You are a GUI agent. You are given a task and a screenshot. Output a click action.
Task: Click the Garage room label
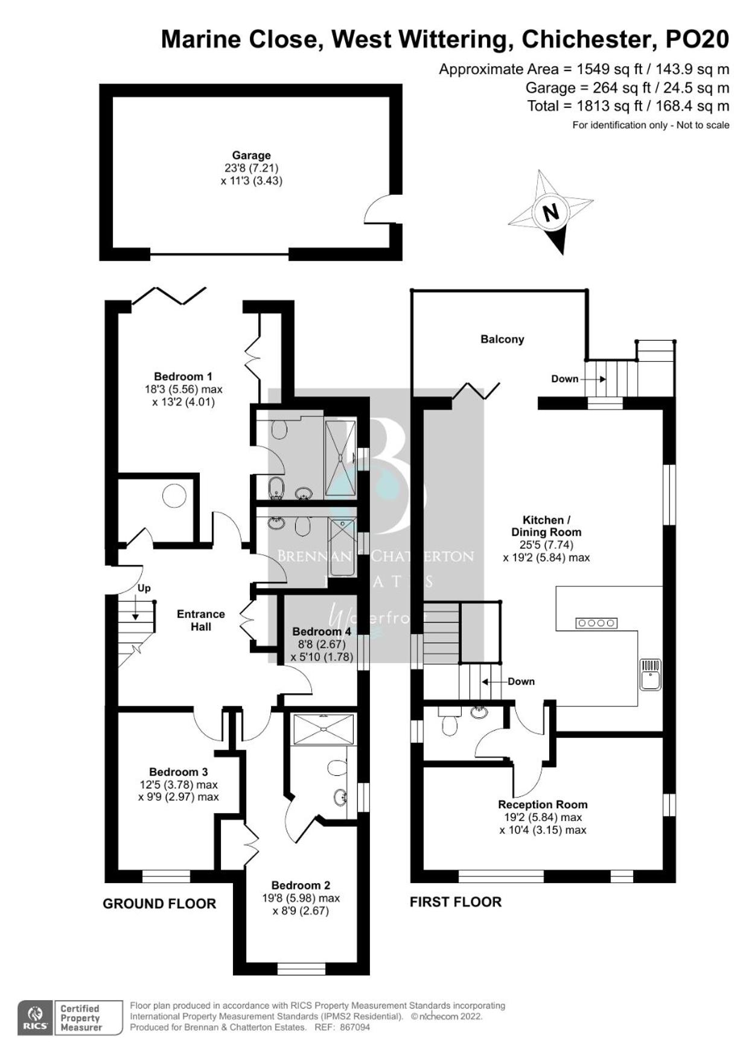click(x=251, y=155)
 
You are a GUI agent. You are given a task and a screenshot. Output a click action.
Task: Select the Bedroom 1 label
click(x=183, y=376)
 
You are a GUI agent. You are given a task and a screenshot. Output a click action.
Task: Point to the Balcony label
click(x=502, y=339)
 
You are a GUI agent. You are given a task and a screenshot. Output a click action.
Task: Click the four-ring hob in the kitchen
click(x=596, y=622)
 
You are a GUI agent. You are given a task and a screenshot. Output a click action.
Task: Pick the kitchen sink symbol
click(x=651, y=674)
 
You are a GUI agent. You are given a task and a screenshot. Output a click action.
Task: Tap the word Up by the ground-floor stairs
click(x=144, y=588)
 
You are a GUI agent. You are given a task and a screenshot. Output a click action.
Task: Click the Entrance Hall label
click(x=201, y=620)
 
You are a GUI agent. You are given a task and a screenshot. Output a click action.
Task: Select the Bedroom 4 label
click(x=322, y=632)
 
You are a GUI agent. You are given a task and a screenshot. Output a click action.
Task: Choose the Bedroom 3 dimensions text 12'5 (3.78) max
click(x=179, y=785)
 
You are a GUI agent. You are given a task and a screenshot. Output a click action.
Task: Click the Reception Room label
click(x=543, y=804)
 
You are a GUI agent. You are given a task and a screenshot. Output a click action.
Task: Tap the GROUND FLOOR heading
click(x=159, y=904)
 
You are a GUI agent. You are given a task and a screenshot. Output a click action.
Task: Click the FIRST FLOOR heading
click(x=456, y=902)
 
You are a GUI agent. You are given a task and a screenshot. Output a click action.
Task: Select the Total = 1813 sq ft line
click(x=628, y=106)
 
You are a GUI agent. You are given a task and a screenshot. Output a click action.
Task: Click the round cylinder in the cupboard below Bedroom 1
click(x=174, y=495)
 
